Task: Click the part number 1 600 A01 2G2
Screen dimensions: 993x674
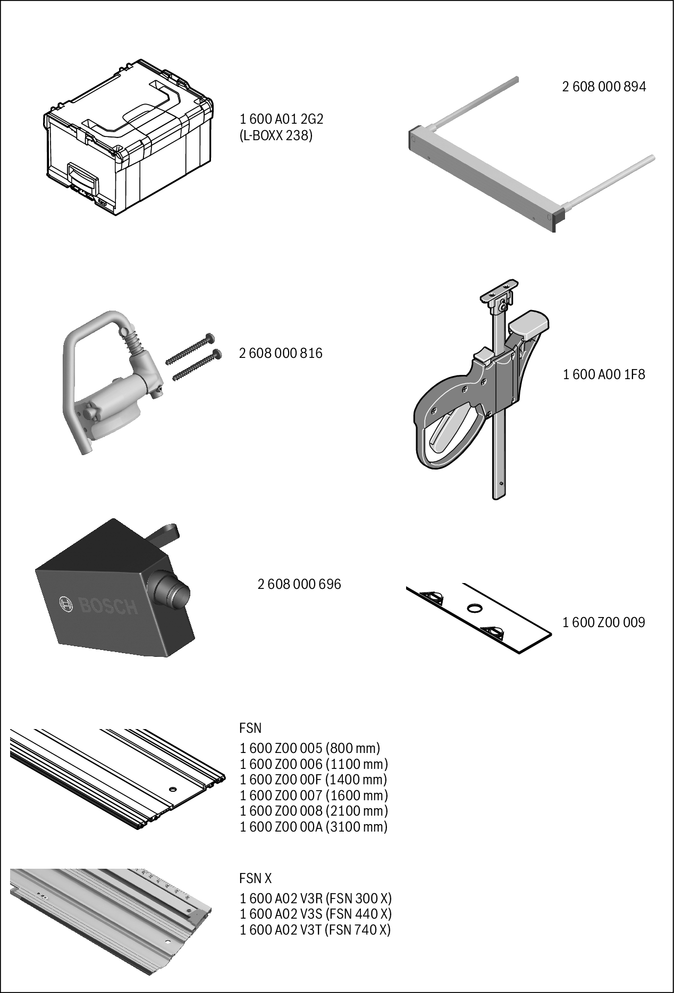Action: (x=281, y=119)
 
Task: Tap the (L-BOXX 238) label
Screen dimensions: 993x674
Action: (x=276, y=135)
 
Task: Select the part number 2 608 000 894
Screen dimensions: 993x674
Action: (x=604, y=87)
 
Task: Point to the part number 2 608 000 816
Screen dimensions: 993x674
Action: (x=281, y=353)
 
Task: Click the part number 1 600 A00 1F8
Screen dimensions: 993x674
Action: (x=604, y=374)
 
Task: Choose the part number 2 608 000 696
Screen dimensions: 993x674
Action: (x=299, y=584)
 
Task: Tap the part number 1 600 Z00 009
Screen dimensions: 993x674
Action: (x=604, y=622)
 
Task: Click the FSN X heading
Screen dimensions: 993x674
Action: (x=255, y=878)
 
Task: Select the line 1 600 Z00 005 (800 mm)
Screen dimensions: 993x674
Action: (x=310, y=748)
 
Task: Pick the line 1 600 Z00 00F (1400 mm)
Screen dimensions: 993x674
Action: (x=314, y=780)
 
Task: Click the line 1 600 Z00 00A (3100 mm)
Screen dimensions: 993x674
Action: (x=314, y=826)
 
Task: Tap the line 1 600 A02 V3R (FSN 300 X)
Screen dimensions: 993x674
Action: (x=316, y=898)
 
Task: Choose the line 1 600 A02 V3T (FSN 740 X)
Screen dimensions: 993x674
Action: (x=316, y=930)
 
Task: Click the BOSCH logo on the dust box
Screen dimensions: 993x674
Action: (x=99, y=606)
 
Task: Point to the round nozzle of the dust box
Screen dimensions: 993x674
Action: (x=171, y=591)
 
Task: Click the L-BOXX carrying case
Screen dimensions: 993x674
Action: (x=128, y=138)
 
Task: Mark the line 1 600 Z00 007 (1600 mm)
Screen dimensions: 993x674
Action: (x=314, y=795)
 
